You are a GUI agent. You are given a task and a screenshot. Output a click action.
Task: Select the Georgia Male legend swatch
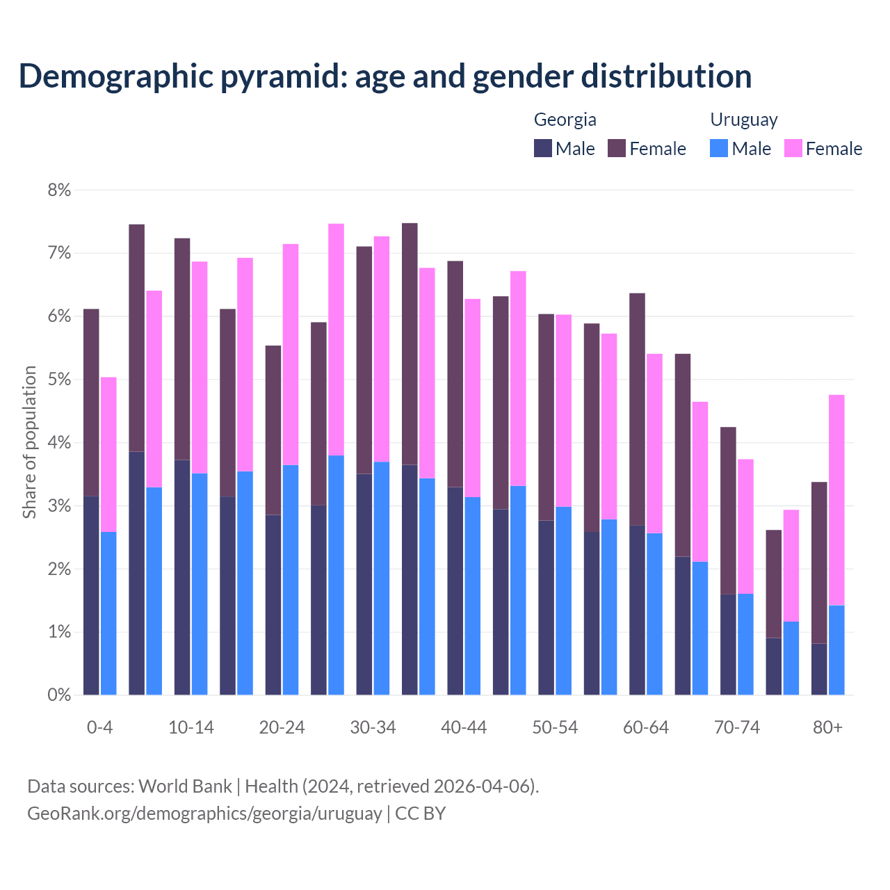(x=543, y=148)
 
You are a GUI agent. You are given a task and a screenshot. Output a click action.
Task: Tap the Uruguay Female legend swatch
(x=793, y=148)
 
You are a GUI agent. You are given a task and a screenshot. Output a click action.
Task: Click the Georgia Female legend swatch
(x=617, y=148)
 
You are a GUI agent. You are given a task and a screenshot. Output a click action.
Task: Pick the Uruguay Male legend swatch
(x=719, y=148)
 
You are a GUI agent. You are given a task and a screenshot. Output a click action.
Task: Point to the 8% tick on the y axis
(x=59, y=190)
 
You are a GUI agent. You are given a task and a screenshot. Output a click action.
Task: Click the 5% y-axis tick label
(x=59, y=380)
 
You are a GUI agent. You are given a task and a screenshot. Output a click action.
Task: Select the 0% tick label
(x=59, y=695)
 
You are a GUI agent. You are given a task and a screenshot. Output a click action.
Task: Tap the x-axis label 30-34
(x=373, y=728)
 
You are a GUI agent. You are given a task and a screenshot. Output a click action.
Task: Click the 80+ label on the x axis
(x=827, y=728)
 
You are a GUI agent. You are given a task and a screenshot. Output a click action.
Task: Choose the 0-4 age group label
(x=99, y=728)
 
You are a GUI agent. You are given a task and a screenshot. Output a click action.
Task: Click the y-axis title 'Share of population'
(x=29, y=442)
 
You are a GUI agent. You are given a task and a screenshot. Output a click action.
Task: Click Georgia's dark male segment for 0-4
(x=91, y=595)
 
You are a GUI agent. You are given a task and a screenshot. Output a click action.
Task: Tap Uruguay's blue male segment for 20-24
(x=291, y=580)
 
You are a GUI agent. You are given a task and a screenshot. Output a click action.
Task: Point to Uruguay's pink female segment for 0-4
(x=108, y=454)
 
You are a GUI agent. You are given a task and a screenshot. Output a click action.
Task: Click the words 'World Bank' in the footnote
(x=185, y=786)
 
